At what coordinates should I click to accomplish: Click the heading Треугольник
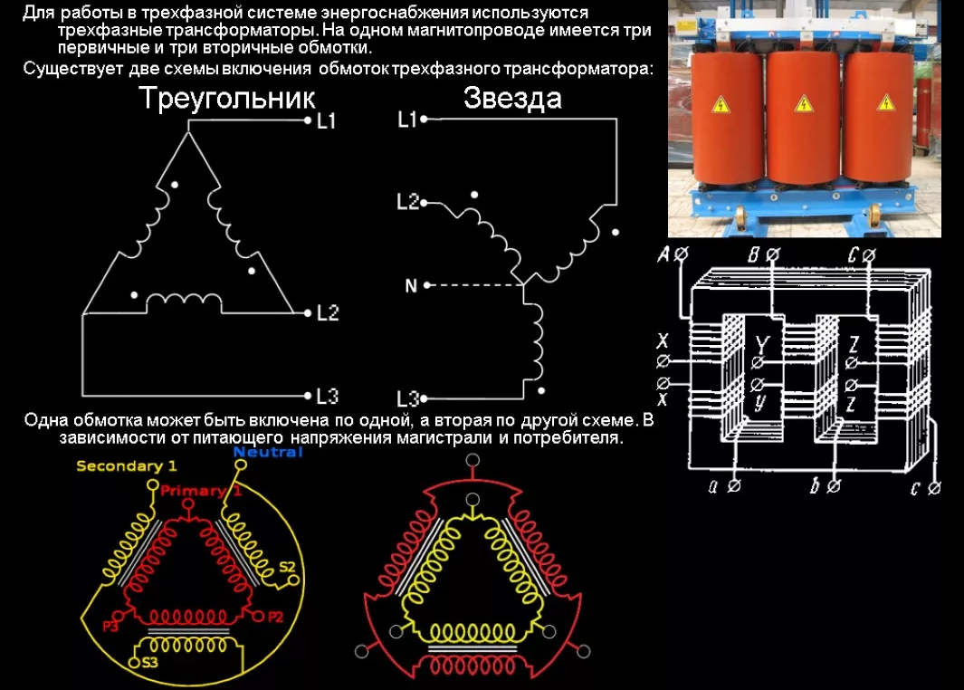[x=226, y=99]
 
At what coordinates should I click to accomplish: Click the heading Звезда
[x=512, y=98]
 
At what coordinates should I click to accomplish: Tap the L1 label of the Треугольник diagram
[x=327, y=120]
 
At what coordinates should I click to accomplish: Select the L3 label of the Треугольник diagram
[x=327, y=396]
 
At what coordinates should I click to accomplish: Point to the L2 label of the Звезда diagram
[x=408, y=202]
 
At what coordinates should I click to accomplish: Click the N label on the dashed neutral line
[x=411, y=286]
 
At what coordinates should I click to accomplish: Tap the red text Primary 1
[x=201, y=491]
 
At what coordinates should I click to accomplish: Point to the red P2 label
[x=275, y=617]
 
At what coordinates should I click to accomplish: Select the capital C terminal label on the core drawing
[x=854, y=255]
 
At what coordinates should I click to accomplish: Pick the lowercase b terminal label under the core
[x=815, y=487]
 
